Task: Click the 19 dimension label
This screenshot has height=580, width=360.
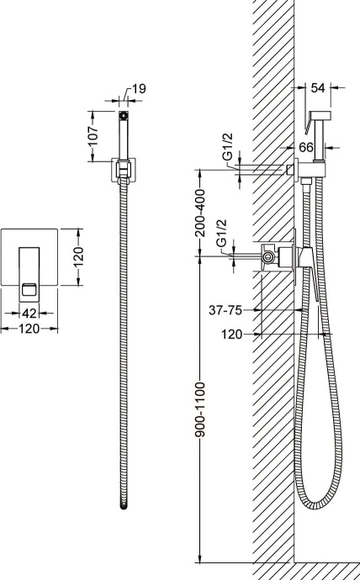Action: tap(139, 89)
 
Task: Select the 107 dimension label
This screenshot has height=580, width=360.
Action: tap(94, 136)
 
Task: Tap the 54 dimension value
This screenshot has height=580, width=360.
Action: tap(317, 88)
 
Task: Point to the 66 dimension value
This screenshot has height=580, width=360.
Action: tap(306, 147)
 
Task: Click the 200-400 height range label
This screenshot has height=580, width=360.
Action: tap(200, 213)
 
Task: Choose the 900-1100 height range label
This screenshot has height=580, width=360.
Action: tap(200, 409)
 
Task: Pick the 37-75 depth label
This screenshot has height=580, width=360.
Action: tap(225, 310)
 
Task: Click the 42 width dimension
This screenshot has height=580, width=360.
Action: tap(29, 314)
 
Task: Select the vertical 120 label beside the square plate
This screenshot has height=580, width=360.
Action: tap(78, 256)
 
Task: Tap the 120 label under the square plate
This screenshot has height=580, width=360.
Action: tap(29, 329)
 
